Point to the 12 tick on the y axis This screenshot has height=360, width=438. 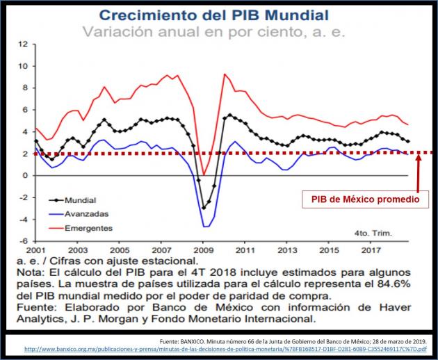[x=23, y=44]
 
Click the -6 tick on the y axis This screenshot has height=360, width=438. [x=23, y=241]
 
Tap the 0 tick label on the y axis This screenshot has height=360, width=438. [x=25, y=176]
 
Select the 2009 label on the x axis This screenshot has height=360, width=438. [x=202, y=249]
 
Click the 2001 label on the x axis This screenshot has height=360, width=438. [x=35, y=249]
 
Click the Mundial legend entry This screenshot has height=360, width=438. [x=81, y=200]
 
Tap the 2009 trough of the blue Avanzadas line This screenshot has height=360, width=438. [x=206, y=227]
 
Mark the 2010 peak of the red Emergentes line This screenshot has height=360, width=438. [x=224, y=74]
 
